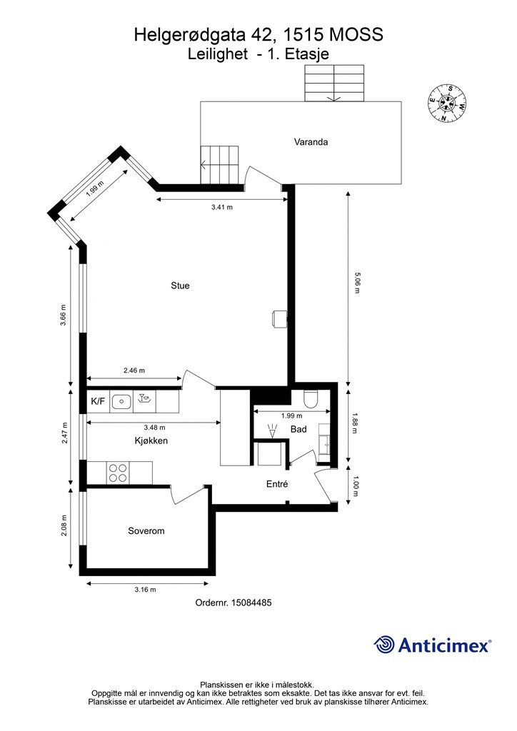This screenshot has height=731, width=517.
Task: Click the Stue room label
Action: tap(180, 286)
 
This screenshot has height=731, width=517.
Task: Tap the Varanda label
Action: tap(311, 142)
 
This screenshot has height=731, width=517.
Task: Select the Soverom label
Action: tap(146, 530)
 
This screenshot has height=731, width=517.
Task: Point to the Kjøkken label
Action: tap(151, 440)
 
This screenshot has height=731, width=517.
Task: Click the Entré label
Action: tap(277, 484)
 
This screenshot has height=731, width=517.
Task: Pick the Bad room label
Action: tap(298, 429)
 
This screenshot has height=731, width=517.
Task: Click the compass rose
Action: tap(448, 103)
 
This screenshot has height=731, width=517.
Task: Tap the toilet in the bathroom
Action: tap(311, 398)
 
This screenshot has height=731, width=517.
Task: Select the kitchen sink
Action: tap(123, 401)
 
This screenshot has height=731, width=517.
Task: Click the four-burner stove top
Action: tap(118, 473)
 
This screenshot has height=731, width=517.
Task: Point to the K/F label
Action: tap(97, 401)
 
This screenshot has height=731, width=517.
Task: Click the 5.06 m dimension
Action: tap(357, 283)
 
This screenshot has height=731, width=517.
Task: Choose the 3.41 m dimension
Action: tap(222, 207)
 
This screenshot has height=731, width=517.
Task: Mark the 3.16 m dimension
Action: tap(145, 589)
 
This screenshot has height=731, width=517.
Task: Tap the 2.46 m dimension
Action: tap(134, 370)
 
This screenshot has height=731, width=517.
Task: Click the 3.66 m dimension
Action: tap(64, 315)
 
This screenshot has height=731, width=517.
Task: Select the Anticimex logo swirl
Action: tap(383, 645)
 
